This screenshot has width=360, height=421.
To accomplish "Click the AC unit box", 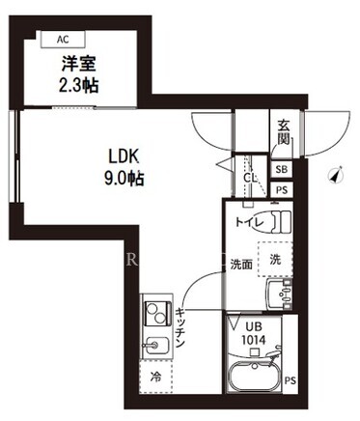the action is click(63, 40).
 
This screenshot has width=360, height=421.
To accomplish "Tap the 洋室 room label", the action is click(79, 64).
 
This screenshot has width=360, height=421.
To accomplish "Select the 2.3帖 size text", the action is click(78, 86).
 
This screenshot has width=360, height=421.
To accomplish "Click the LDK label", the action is click(124, 157).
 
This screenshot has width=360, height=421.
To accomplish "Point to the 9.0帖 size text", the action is click(124, 179).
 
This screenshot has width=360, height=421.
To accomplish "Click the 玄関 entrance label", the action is click(284, 132).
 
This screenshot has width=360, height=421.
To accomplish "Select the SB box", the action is click(282, 169).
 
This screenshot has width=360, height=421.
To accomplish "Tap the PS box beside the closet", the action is click(282, 190).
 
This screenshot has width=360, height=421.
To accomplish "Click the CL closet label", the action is click(250, 178).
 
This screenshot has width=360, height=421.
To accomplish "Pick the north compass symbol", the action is click(337, 176).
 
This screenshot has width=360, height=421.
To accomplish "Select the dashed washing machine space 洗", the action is click(275, 260).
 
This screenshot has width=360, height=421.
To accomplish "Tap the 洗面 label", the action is click(241, 265).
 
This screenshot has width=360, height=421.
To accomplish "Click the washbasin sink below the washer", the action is click(279, 295).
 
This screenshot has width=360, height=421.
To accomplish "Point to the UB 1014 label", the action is click(254, 333).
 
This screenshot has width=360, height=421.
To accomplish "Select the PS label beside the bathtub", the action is click(290, 380).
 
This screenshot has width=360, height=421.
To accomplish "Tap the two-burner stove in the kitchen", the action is click(157, 313).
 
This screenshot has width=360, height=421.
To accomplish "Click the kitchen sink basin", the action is click(156, 347).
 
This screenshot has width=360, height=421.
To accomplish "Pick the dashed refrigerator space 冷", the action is click(156, 377).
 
